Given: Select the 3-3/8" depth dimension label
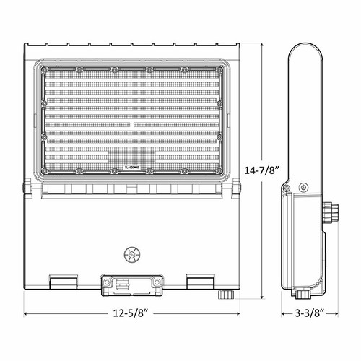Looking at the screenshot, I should point(303,314).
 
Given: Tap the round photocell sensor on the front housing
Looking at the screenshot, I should point(131,253).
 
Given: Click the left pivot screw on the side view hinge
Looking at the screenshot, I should point(287,189).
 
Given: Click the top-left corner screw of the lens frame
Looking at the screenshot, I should point(44,70).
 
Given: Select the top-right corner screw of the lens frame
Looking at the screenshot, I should point(220,70).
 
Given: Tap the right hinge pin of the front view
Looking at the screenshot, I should point(237,188).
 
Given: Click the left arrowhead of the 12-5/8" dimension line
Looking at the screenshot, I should point(26,314).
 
